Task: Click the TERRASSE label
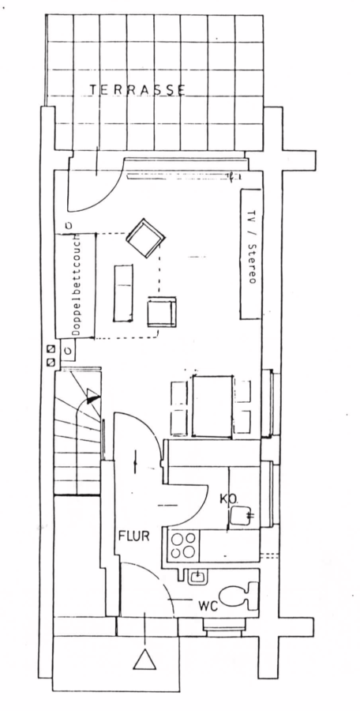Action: tap(137, 90)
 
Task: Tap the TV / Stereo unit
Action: tap(251, 254)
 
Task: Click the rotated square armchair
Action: tap(145, 238)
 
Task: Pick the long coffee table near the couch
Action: tap(123, 293)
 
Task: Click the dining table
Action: tap(212, 405)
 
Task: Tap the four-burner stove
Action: tap(184, 544)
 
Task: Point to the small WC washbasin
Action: tap(197, 576)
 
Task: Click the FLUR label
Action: tap(133, 536)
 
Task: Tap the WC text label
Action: tap(208, 605)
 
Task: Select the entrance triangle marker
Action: tap(144, 659)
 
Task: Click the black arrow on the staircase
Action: tap(92, 398)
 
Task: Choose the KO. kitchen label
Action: tap(229, 498)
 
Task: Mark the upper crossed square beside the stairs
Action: tap(51, 349)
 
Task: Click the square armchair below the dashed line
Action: tap(161, 311)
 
